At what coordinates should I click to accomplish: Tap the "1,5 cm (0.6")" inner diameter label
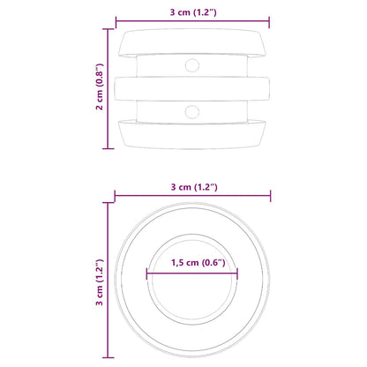click(191, 262)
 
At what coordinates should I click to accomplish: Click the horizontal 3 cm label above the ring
click(191, 186)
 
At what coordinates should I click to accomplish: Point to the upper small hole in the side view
click(191, 65)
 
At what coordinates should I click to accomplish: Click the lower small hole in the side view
click(191, 110)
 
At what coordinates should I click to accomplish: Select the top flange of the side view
click(191, 41)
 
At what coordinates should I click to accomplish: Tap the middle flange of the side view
click(191, 88)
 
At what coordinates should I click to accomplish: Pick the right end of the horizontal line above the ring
click(270, 196)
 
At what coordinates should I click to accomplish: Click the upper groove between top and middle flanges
click(168, 65)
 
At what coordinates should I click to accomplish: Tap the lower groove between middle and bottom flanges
click(168, 110)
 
